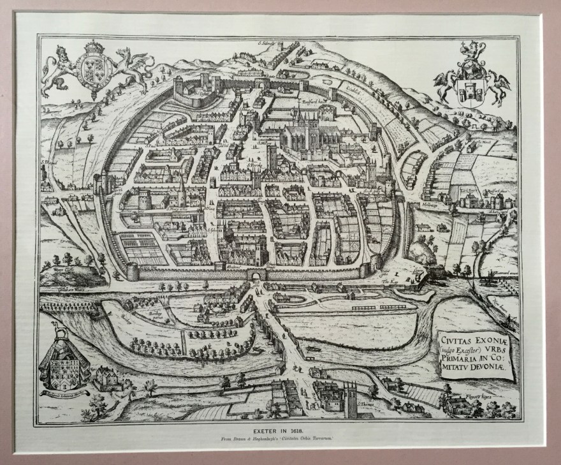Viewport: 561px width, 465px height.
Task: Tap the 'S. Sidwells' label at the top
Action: (267, 43)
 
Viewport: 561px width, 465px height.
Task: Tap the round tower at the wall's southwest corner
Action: (133, 272)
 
